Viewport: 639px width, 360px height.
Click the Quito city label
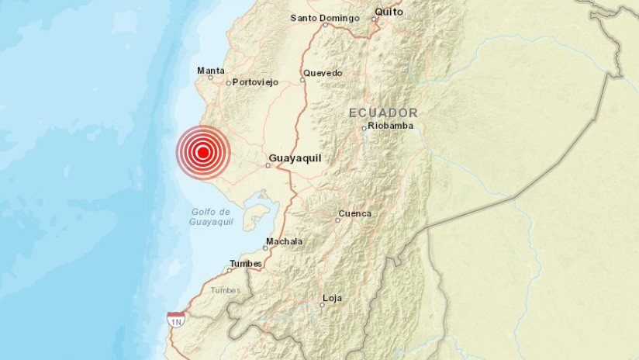click(389, 12)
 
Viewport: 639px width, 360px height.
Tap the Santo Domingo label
click(325, 17)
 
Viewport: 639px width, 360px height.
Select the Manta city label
click(211, 70)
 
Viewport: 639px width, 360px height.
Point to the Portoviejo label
click(255, 82)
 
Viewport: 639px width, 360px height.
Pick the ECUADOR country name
click(383, 112)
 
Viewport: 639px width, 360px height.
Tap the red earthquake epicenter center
click(202, 153)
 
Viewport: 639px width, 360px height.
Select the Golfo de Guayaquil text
click(209, 216)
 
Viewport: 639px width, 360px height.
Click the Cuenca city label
click(356, 213)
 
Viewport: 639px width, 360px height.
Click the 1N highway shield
click(175, 320)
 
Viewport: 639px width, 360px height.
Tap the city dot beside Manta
click(210, 78)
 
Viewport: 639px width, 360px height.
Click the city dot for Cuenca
click(337, 220)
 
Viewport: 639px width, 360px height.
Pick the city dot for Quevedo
click(302, 79)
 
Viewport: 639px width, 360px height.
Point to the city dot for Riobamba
click(364, 128)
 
